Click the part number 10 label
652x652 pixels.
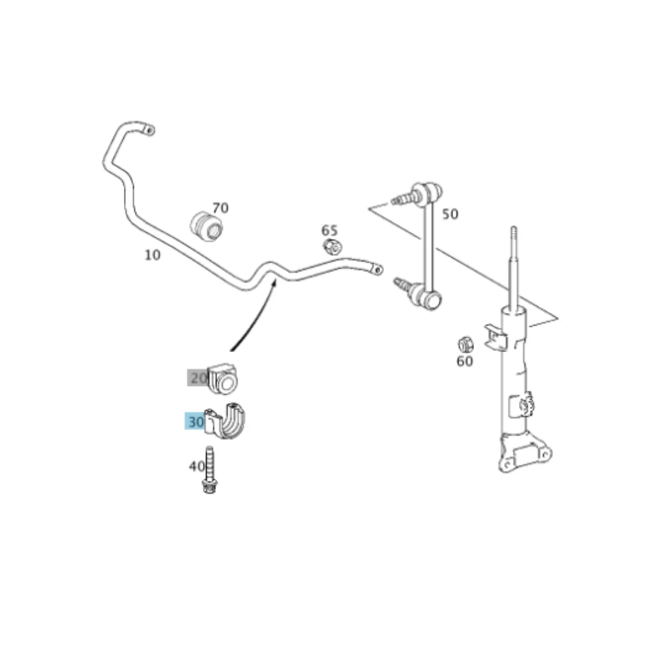pyautogui.click(x=152, y=255)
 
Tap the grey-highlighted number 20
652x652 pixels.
pyautogui.click(x=198, y=378)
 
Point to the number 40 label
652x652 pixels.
pyautogui.click(x=197, y=466)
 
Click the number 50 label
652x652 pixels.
pyautogui.click(x=450, y=214)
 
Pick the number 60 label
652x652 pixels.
pyautogui.click(x=464, y=361)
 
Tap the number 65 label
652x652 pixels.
pyautogui.click(x=329, y=230)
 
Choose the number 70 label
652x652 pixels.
pyautogui.click(x=220, y=207)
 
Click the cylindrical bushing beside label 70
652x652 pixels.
pyautogui.click(x=207, y=226)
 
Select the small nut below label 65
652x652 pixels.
pyautogui.click(x=333, y=247)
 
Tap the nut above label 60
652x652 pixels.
pyautogui.click(x=466, y=344)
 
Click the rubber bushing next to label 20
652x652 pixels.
pyautogui.click(x=222, y=379)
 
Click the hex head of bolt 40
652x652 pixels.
pyautogui.click(x=210, y=486)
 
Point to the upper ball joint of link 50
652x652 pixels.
pyautogui.click(x=428, y=191)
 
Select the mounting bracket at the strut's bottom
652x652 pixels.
pyautogui.click(x=525, y=453)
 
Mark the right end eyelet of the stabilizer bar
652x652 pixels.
pyautogui.click(x=377, y=269)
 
